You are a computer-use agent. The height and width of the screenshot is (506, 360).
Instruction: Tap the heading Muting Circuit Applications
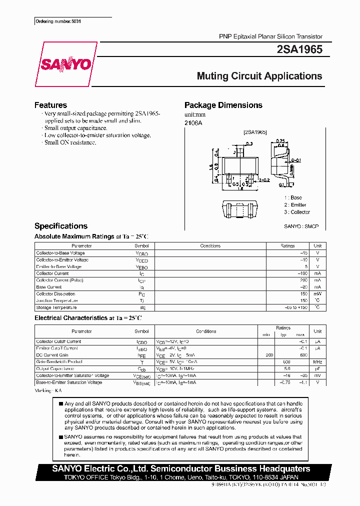click(x=259, y=76)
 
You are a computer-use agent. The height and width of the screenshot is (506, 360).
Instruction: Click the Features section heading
click(x=50, y=105)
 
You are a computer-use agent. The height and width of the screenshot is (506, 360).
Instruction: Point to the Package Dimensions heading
click(x=223, y=105)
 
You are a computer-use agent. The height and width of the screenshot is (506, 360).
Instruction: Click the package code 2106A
click(x=193, y=122)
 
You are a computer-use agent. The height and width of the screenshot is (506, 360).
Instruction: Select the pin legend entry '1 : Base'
click(x=293, y=197)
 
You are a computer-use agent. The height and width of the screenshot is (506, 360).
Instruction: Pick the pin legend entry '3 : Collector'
click(x=297, y=212)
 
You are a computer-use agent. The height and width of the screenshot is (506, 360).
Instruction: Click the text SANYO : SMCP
click(x=301, y=226)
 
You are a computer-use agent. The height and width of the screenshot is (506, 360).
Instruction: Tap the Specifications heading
click(x=61, y=226)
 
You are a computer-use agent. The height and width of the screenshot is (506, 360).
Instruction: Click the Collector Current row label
click(x=52, y=273)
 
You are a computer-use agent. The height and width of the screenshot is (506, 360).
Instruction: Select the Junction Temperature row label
click(x=57, y=300)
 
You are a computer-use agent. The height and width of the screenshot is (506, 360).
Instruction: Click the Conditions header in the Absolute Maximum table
click(x=210, y=246)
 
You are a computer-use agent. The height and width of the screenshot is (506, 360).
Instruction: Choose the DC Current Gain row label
click(x=52, y=355)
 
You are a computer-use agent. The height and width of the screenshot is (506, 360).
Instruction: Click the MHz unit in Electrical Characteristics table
click(x=317, y=362)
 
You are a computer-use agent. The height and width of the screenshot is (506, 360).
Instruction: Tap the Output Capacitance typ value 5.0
click(x=287, y=368)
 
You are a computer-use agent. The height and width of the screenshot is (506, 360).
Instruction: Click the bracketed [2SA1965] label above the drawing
click(x=255, y=132)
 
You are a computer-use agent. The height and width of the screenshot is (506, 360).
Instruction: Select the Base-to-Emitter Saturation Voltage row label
click(x=69, y=382)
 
